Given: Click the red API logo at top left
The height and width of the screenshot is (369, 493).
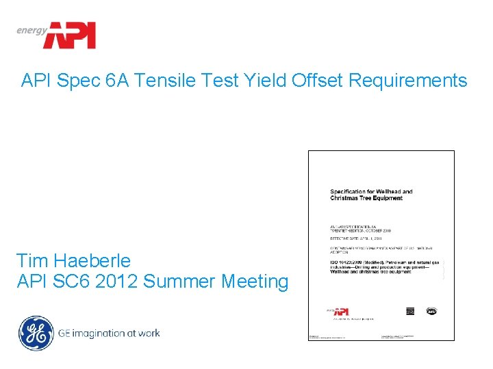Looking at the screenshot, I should click(69, 35).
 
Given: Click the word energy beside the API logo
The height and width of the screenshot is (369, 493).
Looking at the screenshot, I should click(32, 29).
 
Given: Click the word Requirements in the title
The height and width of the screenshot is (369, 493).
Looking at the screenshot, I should click(408, 81).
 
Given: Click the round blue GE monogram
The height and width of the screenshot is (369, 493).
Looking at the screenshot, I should click(35, 333).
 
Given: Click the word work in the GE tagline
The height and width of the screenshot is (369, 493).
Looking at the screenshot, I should click(148, 333).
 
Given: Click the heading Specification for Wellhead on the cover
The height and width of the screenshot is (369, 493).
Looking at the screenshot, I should click(372, 191).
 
